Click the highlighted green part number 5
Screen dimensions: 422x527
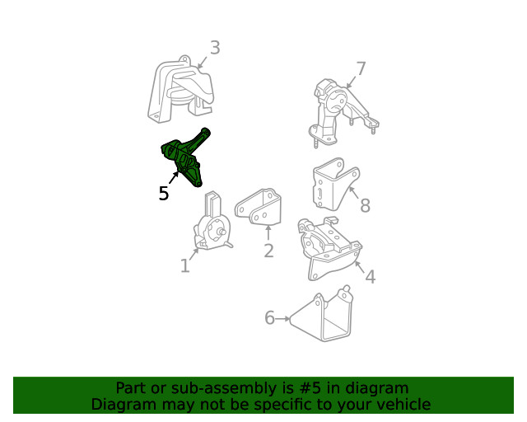183,158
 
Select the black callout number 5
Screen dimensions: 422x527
164,194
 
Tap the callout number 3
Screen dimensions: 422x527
214,48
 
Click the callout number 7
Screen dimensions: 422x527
360,69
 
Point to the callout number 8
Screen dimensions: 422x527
365,205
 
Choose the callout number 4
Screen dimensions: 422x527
370,277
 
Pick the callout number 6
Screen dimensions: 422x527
269,318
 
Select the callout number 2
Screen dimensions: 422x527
268,251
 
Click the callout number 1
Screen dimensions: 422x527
184,265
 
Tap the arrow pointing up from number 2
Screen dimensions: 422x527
268,232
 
